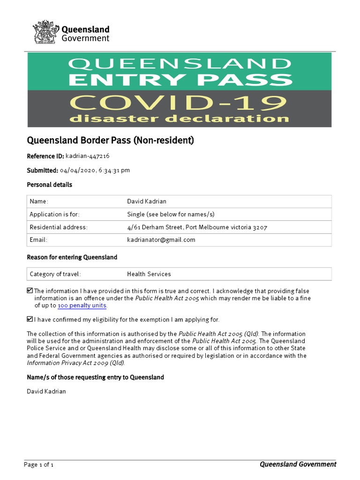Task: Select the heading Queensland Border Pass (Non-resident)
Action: tap(110, 140)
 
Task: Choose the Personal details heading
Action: tap(49, 185)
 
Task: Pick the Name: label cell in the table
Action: tap(39, 201)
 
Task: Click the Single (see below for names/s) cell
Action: tap(171, 214)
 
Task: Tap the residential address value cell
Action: tap(197, 227)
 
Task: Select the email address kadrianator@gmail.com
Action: tap(161, 240)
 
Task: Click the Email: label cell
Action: tap(38, 240)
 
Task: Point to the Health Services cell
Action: tap(149, 274)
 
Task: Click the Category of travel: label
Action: tap(55, 274)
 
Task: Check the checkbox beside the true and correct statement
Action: tap(30, 291)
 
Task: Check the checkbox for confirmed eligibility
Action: tap(30, 319)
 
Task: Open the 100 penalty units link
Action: tap(82, 306)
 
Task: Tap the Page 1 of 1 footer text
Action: tap(39, 465)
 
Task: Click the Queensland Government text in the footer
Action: tap(298, 464)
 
